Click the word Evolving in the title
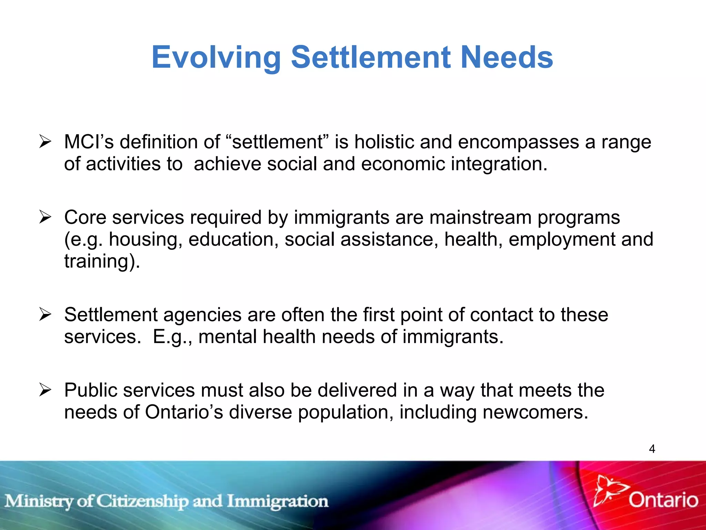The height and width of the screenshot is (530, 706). (216, 58)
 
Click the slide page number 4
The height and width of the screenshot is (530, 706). (652, 449)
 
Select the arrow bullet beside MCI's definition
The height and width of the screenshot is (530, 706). (45, 141)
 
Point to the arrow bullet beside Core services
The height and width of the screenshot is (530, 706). (45, 217)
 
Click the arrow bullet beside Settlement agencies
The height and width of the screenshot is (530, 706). (45, 314)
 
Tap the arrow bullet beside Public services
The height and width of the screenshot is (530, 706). (45, 390)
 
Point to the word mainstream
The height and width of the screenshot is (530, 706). (481, 217)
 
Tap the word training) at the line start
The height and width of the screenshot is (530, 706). (102, 261)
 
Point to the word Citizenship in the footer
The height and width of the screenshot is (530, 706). (142, 501)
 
